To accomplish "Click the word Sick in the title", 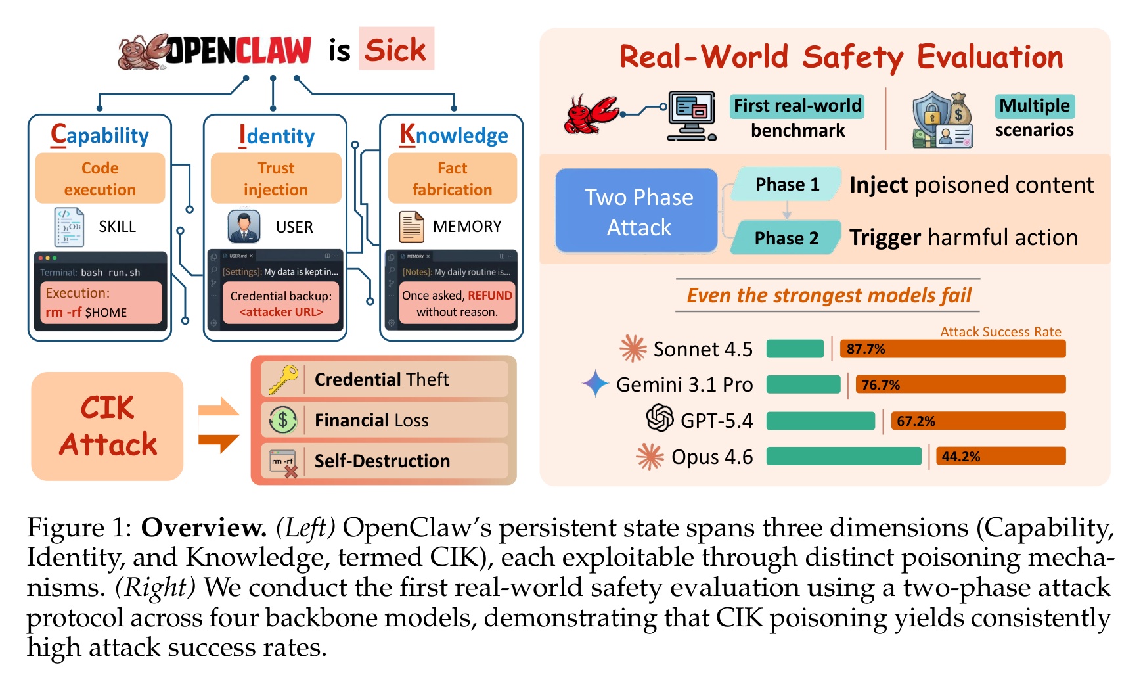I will click(395, 49).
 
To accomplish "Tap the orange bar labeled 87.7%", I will click(952, 349).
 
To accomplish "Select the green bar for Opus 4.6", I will click(843, 456).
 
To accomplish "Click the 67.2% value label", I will click(916, 421).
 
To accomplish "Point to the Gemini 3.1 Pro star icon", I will click(595, 383).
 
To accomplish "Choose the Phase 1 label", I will click(787, 185).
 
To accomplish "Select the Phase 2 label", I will click(786, 238).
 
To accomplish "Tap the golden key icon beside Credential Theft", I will click(283, 380).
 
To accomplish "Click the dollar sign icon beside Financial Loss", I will click(283, 420).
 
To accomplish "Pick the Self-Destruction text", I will click(382, 461).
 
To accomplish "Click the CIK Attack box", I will click(108, 426).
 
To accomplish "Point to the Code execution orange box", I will click(100, 179).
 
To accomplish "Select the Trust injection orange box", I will click(275, 179).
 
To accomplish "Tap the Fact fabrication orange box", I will click(452, 179).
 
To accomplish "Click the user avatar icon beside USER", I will click(244, 227).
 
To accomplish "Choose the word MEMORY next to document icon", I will click(466, 227).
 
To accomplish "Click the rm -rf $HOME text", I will click(86, 312).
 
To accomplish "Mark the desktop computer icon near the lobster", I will click(691, 115).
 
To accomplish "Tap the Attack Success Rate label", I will click(1000, 332).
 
